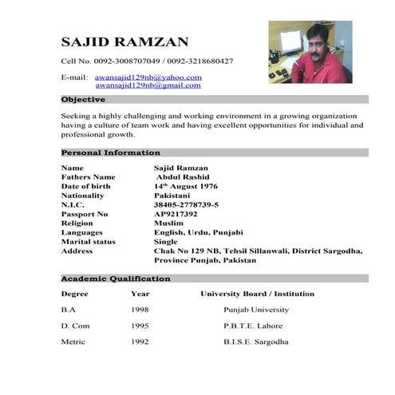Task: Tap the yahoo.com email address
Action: click(148, 77)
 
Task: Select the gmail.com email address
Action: click(148, 85)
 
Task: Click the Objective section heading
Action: click(83, 100)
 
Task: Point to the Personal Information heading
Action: click(111, 152)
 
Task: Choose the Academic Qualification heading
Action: click(116, 278)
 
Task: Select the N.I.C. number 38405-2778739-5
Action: click(186, 205)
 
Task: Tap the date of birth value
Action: click(185, 186)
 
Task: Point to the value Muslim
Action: click(169, 223)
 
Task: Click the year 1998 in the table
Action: click(140, 310)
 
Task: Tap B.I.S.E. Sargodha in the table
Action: click(256, 342)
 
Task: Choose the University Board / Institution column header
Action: click(257, 294)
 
